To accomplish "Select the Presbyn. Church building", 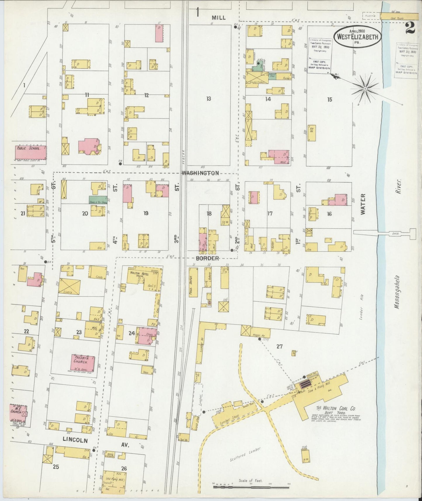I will pos(83,363).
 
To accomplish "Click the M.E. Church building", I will pos(18,414).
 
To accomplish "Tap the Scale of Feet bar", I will pos(251,487).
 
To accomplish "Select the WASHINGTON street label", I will pos(200,173).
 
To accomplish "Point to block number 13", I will pos(208,99).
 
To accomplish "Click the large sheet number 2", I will pos(410,28).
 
